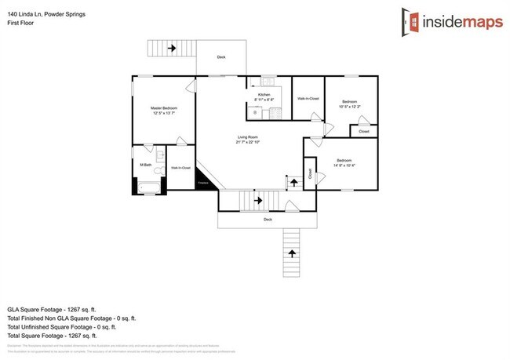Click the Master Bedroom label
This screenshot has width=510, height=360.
pos(165,107)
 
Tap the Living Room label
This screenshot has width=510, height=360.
pos(246,136)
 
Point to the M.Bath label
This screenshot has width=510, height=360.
pos(145,164)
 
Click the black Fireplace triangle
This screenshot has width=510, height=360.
pos(204,180)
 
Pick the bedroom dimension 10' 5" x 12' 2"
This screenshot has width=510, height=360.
pos(350,107)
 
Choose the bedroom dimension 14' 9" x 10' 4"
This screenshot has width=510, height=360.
pos(344,165)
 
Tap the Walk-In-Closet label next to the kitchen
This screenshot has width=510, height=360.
pos(308,98)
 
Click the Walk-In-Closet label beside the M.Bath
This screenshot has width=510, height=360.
pos(181,168)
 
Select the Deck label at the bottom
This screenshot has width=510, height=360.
pos(268,220)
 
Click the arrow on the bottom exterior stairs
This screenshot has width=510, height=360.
pos(292,253)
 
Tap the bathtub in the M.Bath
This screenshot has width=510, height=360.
pos(149,187)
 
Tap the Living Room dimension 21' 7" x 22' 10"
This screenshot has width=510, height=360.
pos(246,142)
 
